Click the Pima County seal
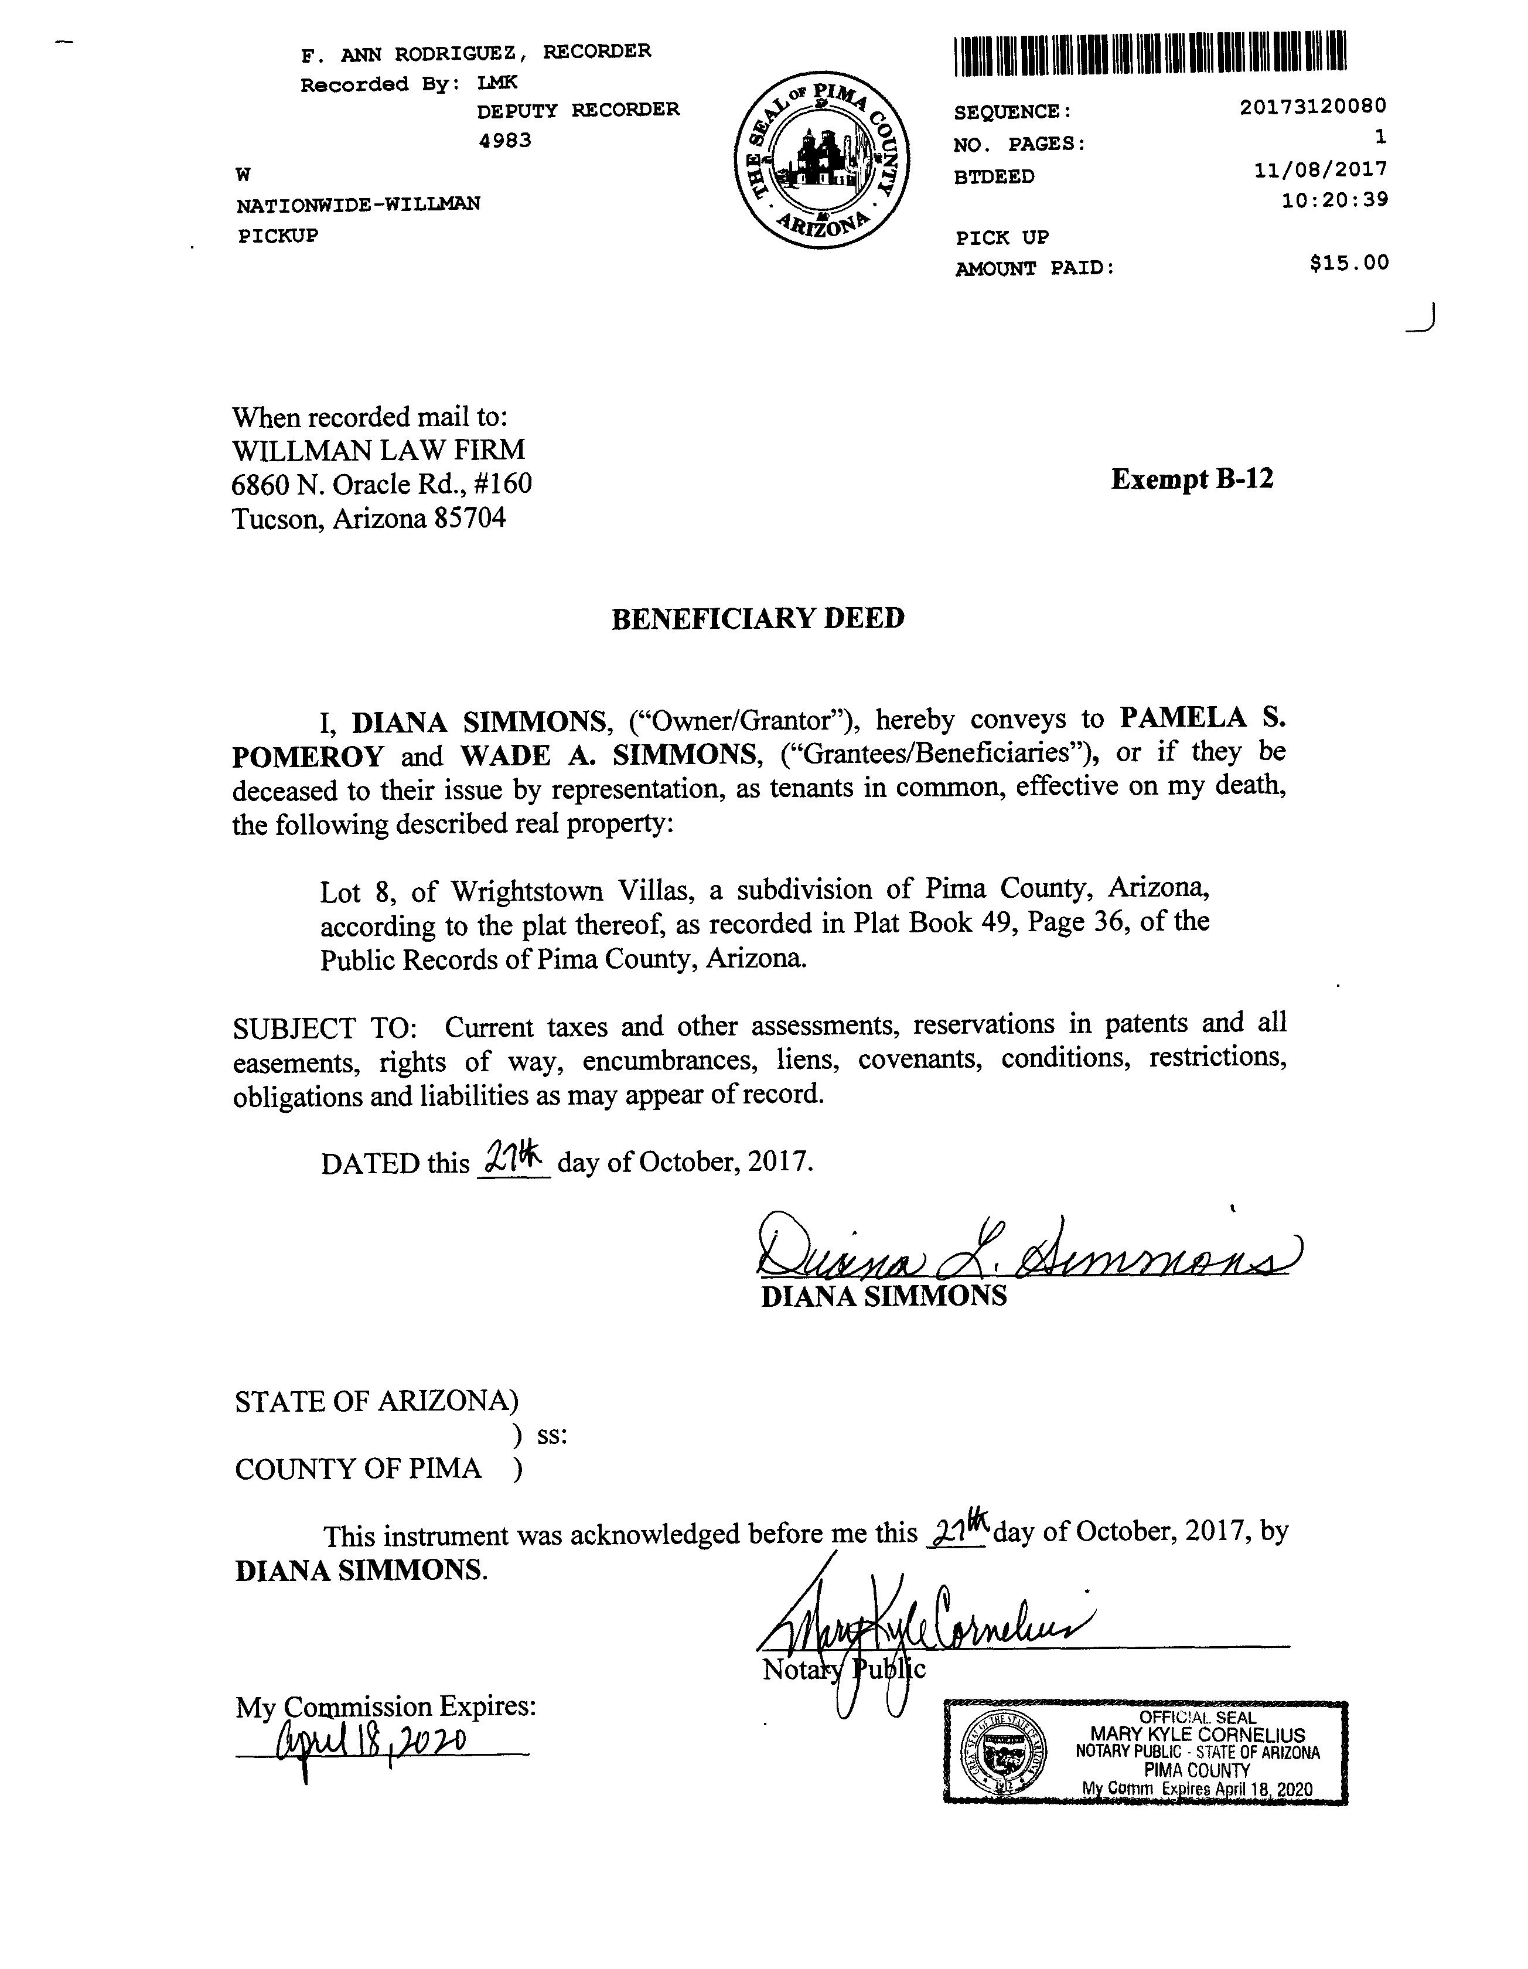(820, 163)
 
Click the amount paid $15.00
(1349, 263)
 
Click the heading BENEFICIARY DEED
(757, 618)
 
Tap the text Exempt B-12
(1192, 479)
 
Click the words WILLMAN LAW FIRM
(378, 450)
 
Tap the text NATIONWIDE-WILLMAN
(358, 205)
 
